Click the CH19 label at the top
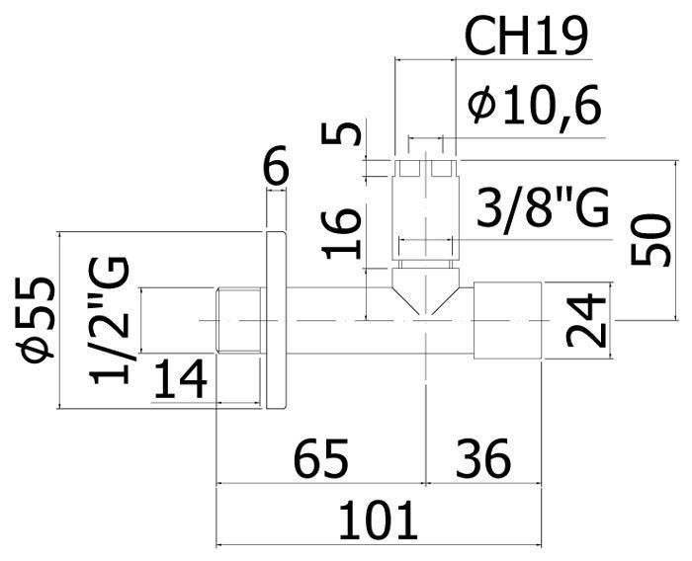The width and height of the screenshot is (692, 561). click(x=527, y=38)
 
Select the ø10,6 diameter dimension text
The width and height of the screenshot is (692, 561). click(x=535, y=106)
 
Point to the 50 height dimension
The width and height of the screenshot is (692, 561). click(x=649, y=239)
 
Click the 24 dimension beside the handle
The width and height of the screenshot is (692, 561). click(x=586, y=321)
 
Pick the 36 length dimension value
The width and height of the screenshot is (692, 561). click(x=483, y=458)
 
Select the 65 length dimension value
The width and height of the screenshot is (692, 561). click(x=321, y=458)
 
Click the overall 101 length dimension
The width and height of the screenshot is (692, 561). click(x=378, y=521)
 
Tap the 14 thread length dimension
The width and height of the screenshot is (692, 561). click(x=180, y=378)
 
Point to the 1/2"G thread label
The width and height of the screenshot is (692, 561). click(x=110, y=321)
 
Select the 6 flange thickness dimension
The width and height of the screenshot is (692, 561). click(x=276, y=164)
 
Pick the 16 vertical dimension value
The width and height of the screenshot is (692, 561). click(x=341, y=234)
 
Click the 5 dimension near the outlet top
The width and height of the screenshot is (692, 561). click(x=341, y=134)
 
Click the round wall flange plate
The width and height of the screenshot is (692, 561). click(x=277, y=320)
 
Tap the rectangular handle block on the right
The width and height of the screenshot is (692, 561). click(x=507, y=320)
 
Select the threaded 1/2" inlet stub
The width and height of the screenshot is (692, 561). click(x=239, y=320)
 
